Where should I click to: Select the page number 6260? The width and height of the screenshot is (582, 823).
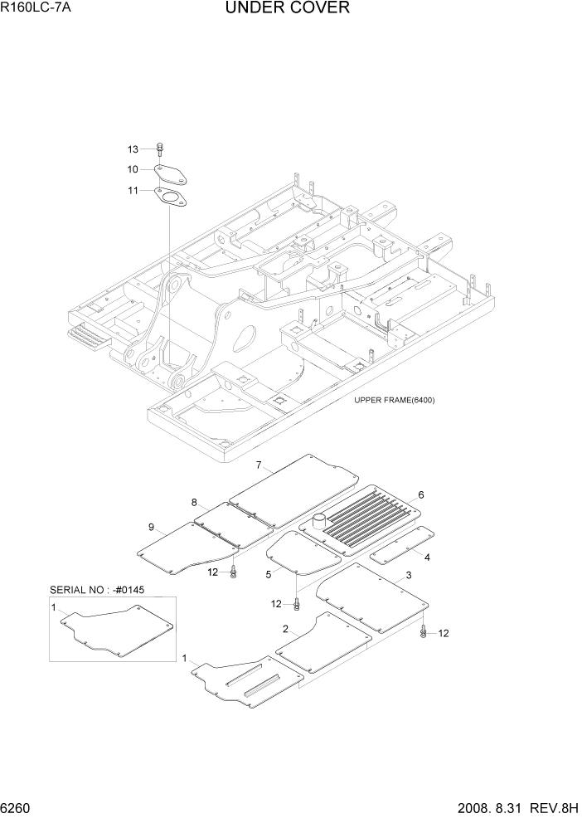coord(17,808)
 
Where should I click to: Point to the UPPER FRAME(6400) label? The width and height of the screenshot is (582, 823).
coord(394,400)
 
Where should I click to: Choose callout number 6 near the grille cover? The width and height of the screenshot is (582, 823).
coord(421,494)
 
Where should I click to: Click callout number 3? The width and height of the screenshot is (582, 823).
coord(409,576)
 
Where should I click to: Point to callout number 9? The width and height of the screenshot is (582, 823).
coord(151,527)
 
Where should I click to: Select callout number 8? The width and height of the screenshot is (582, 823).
coord(194,503)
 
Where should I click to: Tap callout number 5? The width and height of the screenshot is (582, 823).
coord(268,573)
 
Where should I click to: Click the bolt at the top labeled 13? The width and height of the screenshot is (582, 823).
coord(161,149)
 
